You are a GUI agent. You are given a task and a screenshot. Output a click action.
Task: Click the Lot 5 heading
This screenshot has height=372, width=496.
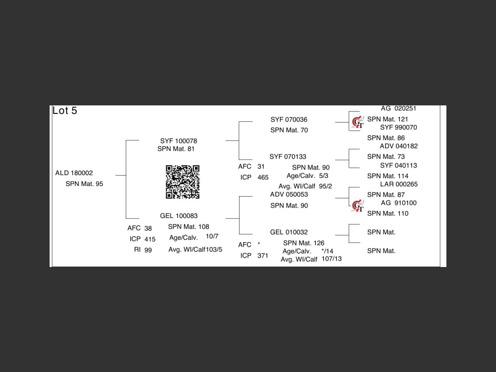65,111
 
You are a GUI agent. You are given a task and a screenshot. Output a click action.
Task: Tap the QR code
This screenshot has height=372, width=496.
183,182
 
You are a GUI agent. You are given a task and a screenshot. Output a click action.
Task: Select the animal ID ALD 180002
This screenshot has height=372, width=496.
74,173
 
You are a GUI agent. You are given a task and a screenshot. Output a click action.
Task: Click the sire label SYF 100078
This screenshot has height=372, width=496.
178,141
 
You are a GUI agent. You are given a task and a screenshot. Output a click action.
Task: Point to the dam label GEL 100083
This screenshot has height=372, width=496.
179,216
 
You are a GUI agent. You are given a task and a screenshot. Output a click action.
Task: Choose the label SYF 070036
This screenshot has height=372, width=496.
289,120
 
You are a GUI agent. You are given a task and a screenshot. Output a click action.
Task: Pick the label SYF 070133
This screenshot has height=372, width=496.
288,157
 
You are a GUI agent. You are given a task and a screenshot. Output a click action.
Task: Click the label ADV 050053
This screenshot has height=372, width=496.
289,195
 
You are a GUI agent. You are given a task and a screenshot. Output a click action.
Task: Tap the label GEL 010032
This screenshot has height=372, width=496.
289,232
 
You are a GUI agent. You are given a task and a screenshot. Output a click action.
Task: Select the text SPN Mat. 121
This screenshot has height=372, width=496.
387,119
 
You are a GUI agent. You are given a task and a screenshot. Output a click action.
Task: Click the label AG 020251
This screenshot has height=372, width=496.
398,108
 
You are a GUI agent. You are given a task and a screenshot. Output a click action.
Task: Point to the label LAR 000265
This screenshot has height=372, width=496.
399,184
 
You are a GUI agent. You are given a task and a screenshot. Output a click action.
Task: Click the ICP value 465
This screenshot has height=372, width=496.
263,177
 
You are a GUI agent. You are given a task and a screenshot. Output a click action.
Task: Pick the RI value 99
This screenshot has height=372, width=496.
148,250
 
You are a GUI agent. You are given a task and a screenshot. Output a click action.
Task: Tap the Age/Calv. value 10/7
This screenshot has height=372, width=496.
212,236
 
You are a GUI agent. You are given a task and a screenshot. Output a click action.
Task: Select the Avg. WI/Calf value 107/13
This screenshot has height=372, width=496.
331,259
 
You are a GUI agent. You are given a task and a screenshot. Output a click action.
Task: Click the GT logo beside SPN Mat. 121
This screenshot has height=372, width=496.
358,122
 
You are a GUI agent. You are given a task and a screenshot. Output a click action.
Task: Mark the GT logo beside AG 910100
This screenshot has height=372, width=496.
358,206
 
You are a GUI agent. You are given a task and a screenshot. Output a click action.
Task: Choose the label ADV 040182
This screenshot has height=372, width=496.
399,146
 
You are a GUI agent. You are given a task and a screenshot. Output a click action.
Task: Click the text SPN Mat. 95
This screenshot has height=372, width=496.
84,184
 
